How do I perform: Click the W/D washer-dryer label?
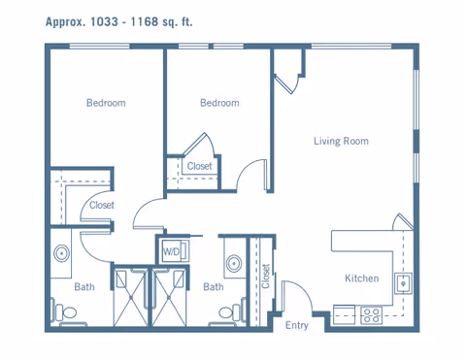(x=171, y=251)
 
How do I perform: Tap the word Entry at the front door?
(x=297, y=325)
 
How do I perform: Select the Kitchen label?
(x=362, y=278)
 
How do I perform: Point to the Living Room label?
(x=341, y=141)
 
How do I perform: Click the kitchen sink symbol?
(x=403, y=283)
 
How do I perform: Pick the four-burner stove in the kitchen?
(x=372, y=315)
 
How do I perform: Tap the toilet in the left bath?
(x=66, y=312)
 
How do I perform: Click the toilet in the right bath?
(x=232, y=312)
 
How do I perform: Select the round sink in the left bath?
(x=61, y=253)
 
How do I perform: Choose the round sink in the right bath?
(x=234, y=264)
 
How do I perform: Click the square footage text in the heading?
(x=118, y=22)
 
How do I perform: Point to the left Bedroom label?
(x=106, y=103)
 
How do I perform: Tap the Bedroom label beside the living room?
(x=219, y=103)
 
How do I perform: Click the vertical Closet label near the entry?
(x=266, y=276)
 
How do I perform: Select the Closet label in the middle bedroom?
(x=200, y=166)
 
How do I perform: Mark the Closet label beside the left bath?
(x=102, y=205)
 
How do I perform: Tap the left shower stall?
(x=131, y=297)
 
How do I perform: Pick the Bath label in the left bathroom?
(x=84, y=287)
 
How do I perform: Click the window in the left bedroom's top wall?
(x=100, y=47)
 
